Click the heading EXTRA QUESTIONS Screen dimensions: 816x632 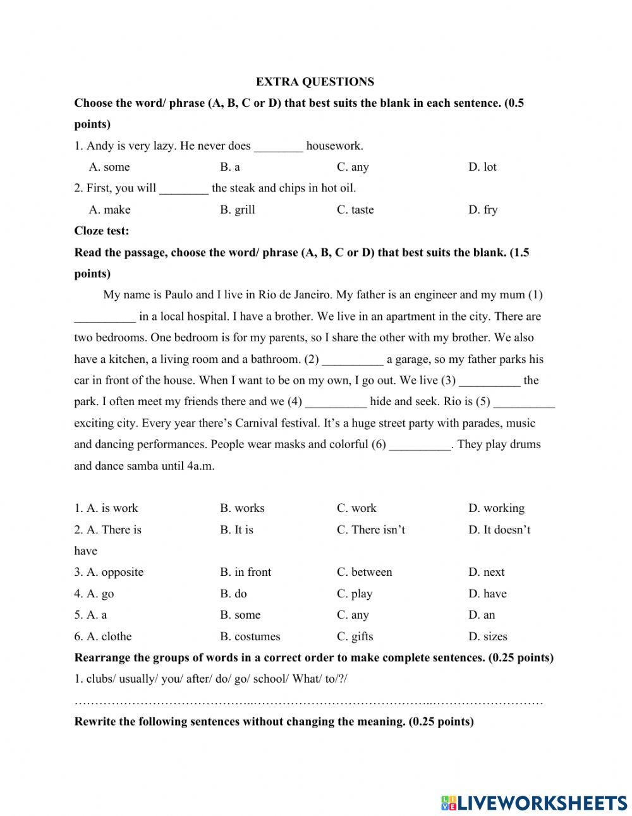(315, 82)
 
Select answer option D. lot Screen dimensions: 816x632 (482, 167)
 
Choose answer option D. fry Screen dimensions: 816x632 (483, 210)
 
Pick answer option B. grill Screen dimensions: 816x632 (238, 210)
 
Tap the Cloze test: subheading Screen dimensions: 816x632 (101, 231)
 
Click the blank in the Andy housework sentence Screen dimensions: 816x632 (278, 147)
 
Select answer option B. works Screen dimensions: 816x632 (242, 508)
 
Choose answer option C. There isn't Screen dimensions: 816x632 (370, 530)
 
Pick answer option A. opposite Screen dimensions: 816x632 (109, 572)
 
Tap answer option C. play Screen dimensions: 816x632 (355, 594)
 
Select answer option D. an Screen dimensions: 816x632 (482, 615)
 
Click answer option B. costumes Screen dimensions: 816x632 (250, 636)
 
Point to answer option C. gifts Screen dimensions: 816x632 (355, 636)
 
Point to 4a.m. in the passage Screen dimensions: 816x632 (197, 466)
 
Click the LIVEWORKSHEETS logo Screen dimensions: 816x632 (534, 802)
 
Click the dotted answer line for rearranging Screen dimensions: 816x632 (308, 702)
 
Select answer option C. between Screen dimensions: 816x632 (364, 572)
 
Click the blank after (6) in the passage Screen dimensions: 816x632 (420, 445)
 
